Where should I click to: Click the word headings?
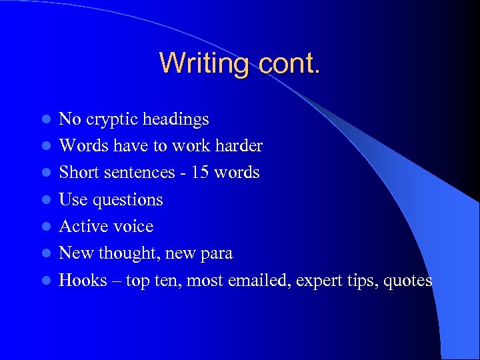click(x=175, y=120)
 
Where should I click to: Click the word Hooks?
click(x=83, y=281)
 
